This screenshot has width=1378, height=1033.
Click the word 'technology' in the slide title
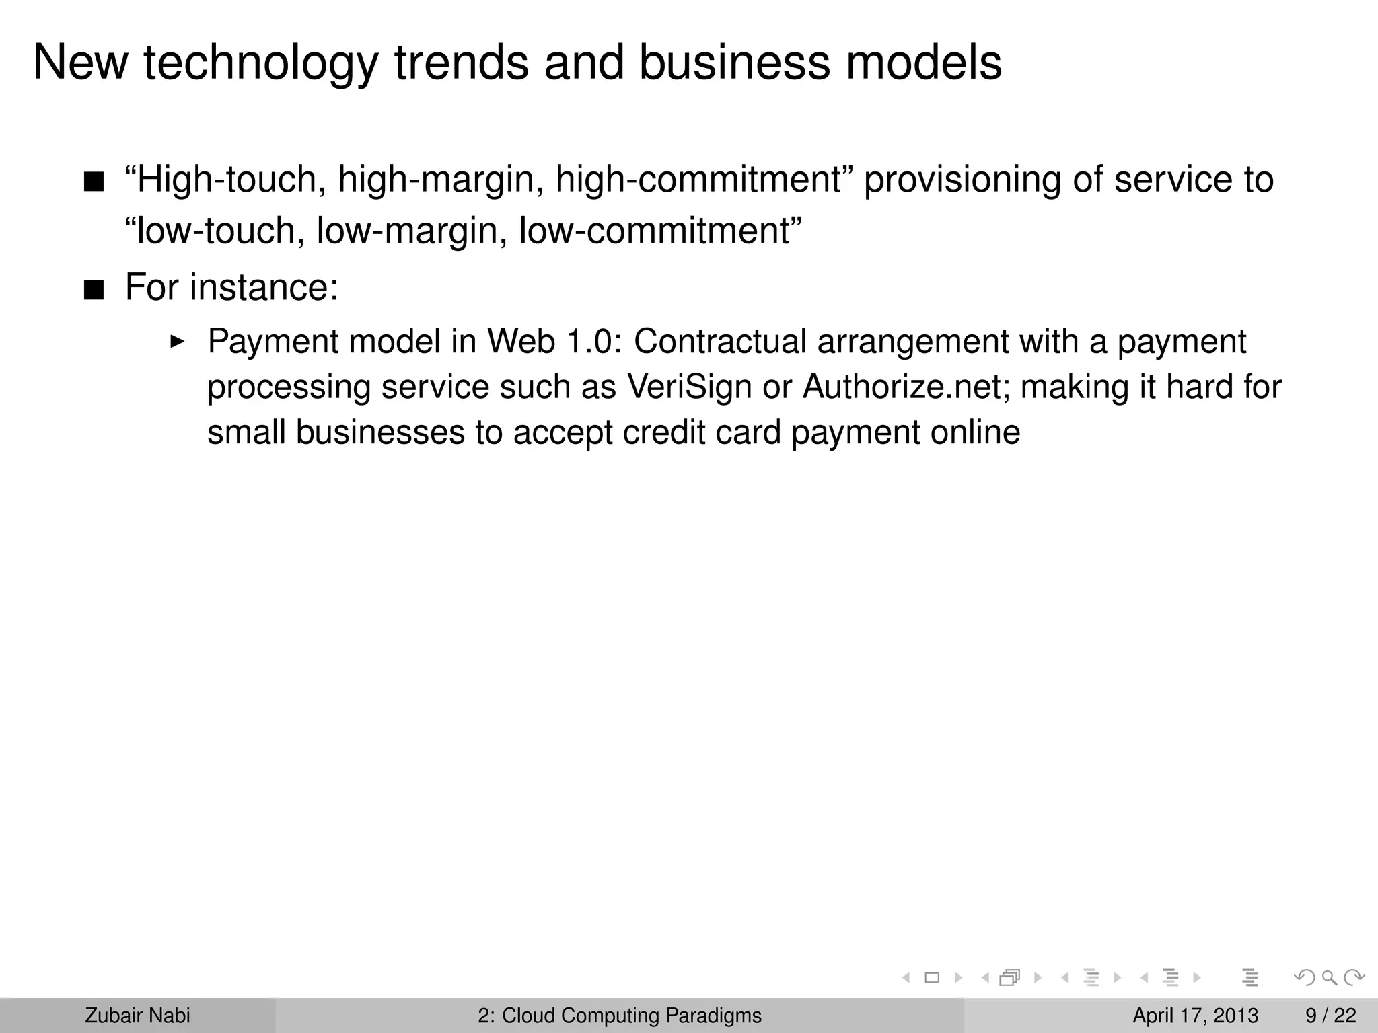[260, 64]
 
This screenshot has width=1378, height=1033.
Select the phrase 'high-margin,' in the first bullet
[440, 180]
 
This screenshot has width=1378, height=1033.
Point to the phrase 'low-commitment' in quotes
[659, 231]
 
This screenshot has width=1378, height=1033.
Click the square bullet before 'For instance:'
[94, 291]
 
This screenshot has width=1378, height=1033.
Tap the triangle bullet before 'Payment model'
[177, 342]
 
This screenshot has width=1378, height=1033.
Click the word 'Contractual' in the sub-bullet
[719, 341]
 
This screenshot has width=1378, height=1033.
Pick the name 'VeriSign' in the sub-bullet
[689, 387]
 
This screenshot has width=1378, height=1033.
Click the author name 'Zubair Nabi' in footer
[137, 1016]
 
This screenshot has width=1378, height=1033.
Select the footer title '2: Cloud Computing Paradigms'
[620, 1016]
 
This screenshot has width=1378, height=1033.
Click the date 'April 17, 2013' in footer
[1195, 1016]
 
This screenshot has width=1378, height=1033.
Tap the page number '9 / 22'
[1330, 1016]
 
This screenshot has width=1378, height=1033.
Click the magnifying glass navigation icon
[1329, 978]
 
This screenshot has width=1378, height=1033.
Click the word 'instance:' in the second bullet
[264, 288]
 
